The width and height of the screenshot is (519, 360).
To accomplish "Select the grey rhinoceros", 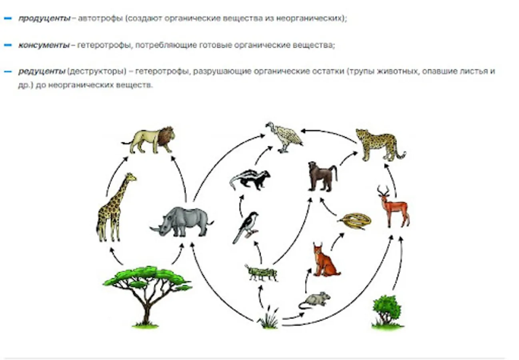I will click(182, 222).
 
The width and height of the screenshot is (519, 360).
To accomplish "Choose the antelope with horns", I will click(394, 208).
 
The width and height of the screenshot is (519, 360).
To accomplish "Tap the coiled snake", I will click(355, 221).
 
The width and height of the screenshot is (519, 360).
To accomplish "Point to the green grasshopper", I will click(261, 273).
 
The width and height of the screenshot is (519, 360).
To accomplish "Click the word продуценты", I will click(44, 18).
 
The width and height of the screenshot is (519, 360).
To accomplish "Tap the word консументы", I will click(44, 45).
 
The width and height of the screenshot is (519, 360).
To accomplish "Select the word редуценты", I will click(41, 72).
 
